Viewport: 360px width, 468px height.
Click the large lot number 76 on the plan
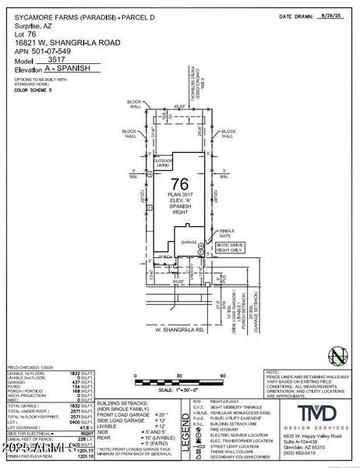tap(175, 184)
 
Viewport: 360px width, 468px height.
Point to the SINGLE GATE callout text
tap(227, 233)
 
